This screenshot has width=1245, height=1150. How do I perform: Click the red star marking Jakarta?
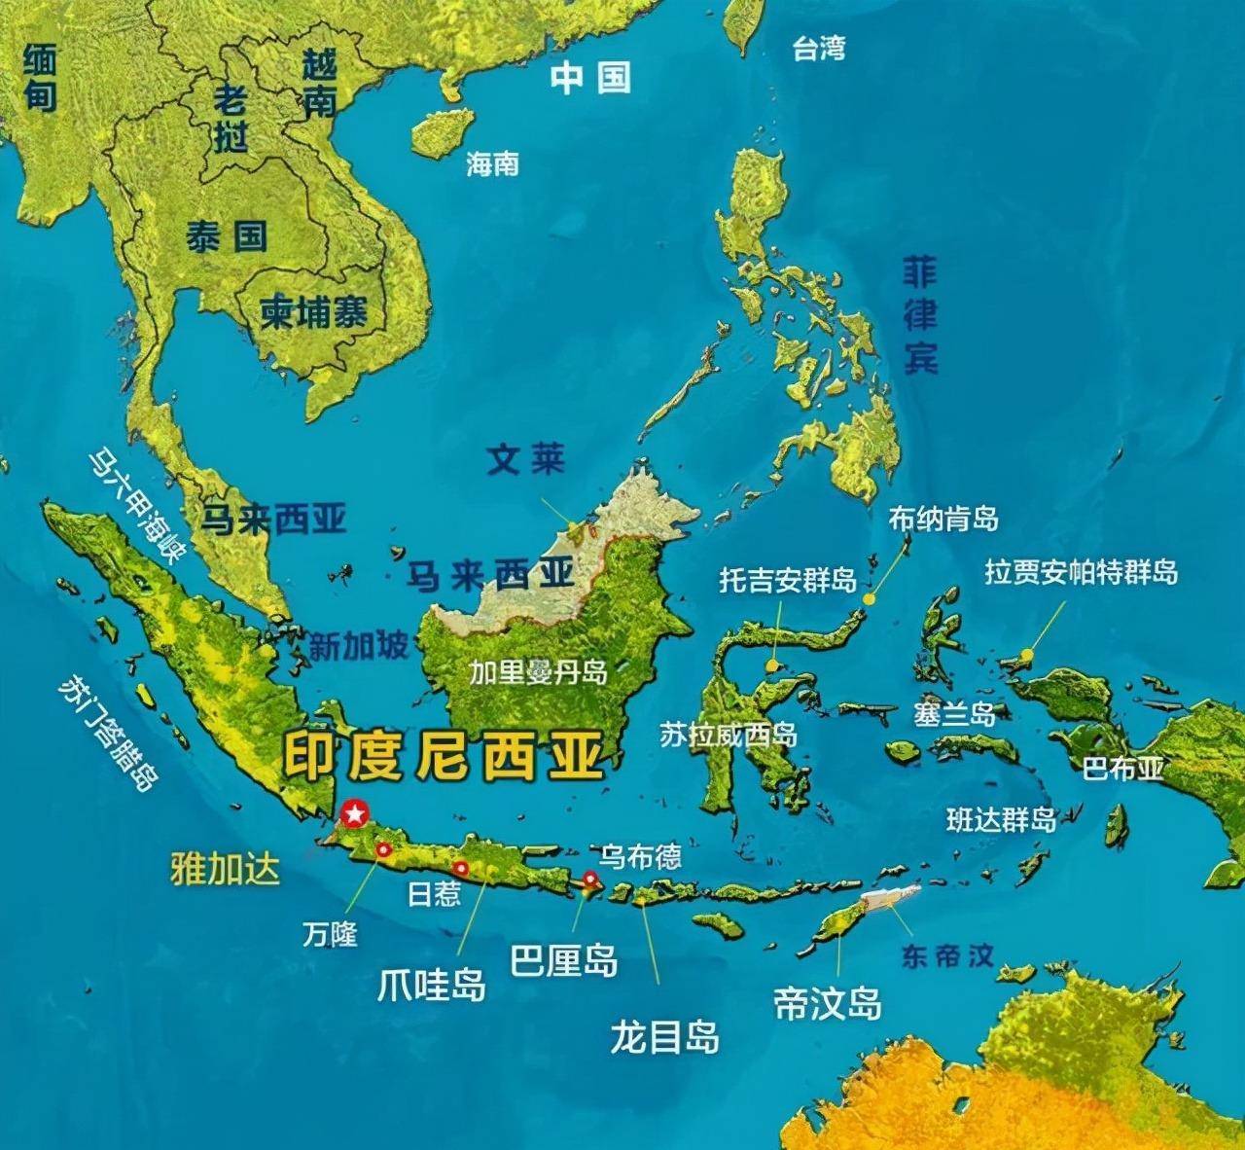click(355, 810)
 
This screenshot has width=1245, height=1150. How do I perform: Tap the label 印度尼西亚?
click(444, 756)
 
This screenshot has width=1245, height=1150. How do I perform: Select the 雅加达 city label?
click(225, 869)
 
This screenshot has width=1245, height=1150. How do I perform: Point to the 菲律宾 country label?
click(919, 316)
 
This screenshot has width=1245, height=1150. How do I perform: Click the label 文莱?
click(525, 459)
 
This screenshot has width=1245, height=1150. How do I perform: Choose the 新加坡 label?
click(358, 646)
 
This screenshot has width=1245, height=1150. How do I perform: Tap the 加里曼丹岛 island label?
click(538, 672)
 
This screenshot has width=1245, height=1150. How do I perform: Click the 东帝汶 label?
click(947, 955)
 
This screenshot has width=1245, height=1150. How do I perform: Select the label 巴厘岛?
click(564, 961)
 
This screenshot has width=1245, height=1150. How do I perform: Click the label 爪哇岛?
click(431, 985)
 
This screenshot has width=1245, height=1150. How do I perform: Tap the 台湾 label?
click(819, 49)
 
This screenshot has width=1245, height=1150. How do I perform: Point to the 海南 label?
click(492, 163)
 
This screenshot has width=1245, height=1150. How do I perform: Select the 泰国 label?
click(227, 236)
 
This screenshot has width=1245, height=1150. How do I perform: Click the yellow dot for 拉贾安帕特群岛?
click(1026, 654)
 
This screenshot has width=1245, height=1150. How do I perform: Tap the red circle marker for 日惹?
click(461, 868)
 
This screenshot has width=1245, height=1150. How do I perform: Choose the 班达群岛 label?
click(1001, 820)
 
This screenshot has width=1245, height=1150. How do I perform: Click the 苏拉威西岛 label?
click(729, 735)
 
